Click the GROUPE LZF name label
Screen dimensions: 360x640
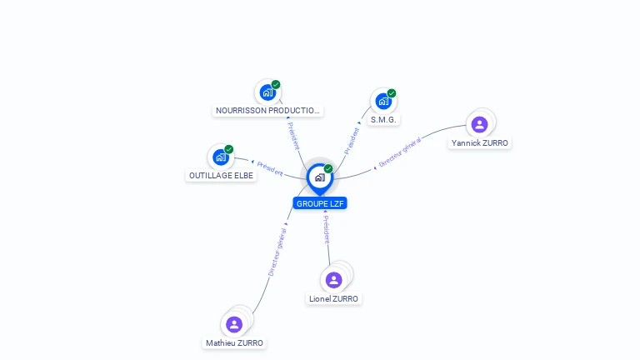click(320, 203)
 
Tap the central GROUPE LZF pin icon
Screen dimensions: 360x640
click(319, 177)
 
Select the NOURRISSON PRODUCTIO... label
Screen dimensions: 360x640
click(267, 110)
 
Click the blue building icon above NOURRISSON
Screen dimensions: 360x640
click(267, 92)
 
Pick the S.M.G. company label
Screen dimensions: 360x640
click(384, 120)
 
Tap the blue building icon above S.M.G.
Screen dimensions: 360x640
click(383, 101)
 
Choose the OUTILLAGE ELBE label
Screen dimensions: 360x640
click(221, 176)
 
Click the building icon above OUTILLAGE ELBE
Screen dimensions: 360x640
click(221, 157)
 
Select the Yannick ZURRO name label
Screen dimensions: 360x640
click(479, 142)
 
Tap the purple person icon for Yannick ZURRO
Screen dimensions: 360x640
click(479, 125)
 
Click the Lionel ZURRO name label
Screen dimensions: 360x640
click(333, 298)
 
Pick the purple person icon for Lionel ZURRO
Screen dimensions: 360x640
click(334, 280)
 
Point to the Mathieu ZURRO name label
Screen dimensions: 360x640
click(234, 342)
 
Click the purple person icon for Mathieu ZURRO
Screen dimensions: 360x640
click(234, 324)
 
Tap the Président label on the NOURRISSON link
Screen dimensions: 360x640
click(293, 136)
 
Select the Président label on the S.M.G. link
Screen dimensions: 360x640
click(352, 140)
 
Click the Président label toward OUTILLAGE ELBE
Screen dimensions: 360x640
click(270, 168)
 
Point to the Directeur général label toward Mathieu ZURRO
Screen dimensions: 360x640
click(277, 251)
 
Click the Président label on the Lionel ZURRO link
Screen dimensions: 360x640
click(327, 228)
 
